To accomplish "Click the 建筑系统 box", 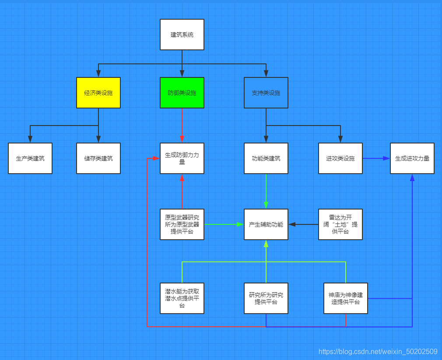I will (x=182, y=35).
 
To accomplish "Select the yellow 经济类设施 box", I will (x=98, y=93).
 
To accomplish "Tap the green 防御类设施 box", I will (x=182, y=93).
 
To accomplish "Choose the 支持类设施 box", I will (x=266, y=93).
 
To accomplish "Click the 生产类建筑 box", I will (x=30, y=158).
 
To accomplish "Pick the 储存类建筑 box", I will (x=98, y=158).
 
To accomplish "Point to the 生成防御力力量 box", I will (x=182, y=158).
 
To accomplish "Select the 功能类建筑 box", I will (x=266, y=158).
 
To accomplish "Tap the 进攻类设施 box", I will (x=340, y=158).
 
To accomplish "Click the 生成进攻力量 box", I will (x=412, y=158).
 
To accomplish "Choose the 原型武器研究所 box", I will (x=182, y=224).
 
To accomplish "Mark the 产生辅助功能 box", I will (x=266, y=224).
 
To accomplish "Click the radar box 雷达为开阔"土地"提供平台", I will (x=340, y=224).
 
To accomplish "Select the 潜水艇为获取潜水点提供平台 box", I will (x=182, y=298).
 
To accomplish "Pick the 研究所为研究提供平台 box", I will (x=266, y=298).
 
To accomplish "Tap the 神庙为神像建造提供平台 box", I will (x=346, y=298).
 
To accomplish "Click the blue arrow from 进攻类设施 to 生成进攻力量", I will (x=376, y=158).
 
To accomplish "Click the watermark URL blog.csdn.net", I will (x=378, y=352).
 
